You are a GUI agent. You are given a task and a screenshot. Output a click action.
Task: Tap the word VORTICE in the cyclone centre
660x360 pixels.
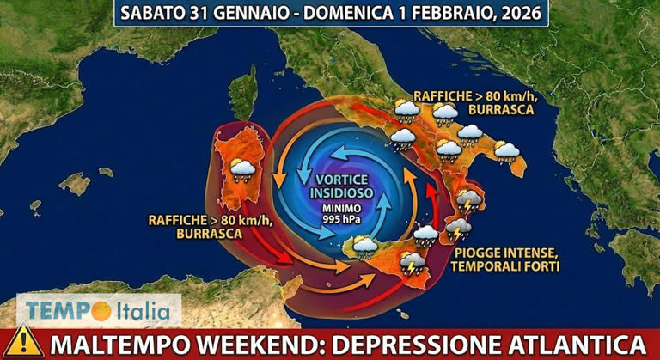[x=339, y=179]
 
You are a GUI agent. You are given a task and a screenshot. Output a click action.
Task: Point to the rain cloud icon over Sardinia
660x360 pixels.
[x=242, y=168]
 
